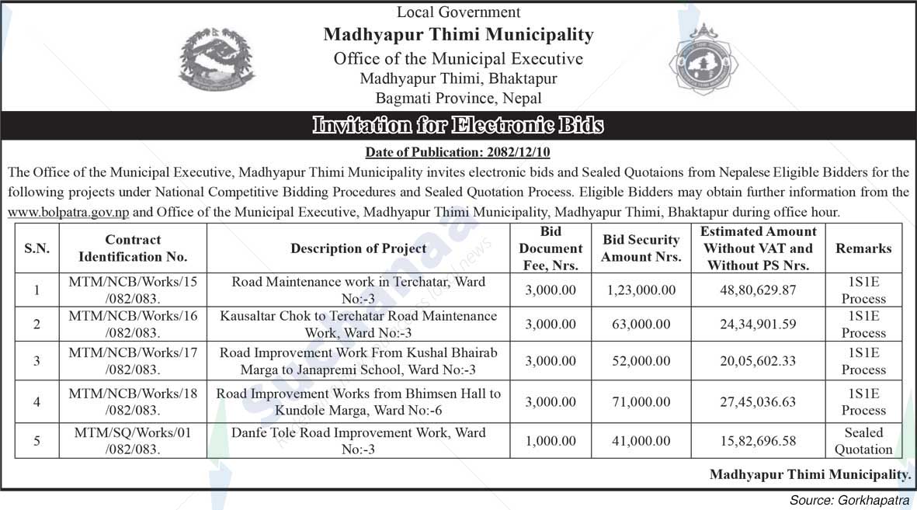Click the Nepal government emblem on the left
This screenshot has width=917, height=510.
click(x=216, y=59)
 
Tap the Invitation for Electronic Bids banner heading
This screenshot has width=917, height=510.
click(x=457, y=125)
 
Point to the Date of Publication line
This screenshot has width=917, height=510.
click(x=457, y=152)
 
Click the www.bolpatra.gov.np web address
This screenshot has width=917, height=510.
click(x=69, y=211)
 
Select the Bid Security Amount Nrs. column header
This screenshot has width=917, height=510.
click(x=641, y=248)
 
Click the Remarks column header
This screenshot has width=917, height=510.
click(x=863, y=248)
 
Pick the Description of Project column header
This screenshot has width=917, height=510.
click(x=358, y=248)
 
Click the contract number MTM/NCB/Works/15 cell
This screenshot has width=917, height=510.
click(x=133, y=290)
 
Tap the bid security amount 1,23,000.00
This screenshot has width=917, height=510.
click(x=641, y=290)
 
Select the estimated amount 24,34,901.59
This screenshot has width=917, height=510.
click(x=758, y=324)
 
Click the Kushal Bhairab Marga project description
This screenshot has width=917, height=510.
click(x=358, y=361)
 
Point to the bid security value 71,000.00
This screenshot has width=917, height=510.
click(x=641, y=401)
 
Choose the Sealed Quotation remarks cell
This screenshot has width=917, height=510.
click(x=863, y=441)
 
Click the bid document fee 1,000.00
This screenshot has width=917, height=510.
click(x=551, y=441)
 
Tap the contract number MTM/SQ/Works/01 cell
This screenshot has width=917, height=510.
click(x=133, y=441)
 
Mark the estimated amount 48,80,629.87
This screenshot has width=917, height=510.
click(x=758, y=290)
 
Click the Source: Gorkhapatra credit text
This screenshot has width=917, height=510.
click(x=849, y=500)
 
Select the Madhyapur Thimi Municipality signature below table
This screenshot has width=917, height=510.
click(x=810, y=474)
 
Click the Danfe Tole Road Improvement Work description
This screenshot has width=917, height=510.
click(x=358, y=441)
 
